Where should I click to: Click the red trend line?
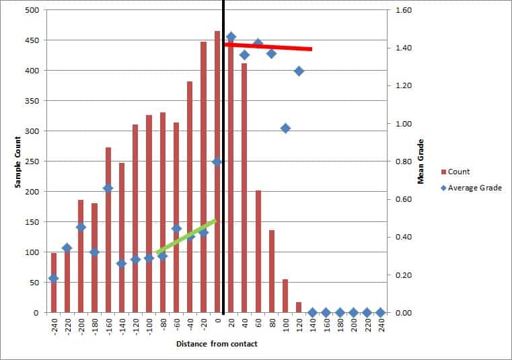269,46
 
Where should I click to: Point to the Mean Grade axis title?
421,161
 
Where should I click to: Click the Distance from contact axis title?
217,344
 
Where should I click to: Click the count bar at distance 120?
299,308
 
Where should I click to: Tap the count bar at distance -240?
54,283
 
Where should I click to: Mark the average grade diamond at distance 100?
285,128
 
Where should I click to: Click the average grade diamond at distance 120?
299,71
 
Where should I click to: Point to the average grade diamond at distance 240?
381,312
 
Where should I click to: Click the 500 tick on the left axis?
32,11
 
